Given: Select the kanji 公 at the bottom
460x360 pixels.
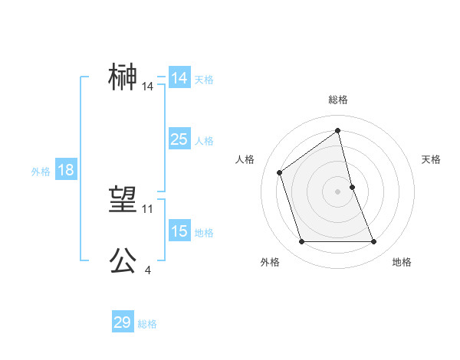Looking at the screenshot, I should [x=123, y=260].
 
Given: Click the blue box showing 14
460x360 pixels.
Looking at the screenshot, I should [x=179, y=78].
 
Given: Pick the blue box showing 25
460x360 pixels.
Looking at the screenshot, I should [x=179, y=139].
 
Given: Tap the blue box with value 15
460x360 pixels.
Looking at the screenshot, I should [x=179, y=231].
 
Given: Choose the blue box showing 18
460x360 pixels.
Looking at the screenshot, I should [x=66, y=170].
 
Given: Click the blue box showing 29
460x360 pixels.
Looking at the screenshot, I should [x=123, y=322].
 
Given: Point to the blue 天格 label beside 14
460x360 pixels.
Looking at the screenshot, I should [x=204, y=79].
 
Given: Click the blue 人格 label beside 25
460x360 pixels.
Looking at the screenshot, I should [x=204, y=141].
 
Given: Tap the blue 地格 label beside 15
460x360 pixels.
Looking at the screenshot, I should [x=204, y=233].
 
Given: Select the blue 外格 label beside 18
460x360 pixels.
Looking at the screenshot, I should [x=41, y=172].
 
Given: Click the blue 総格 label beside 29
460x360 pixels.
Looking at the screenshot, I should [x=147, y=324].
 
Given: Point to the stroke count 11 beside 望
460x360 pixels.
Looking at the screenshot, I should [x=148, y=208].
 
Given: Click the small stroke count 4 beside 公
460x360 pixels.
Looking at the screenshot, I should [x=147, y=270].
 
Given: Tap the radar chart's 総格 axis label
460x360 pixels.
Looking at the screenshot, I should [x=338, y=100].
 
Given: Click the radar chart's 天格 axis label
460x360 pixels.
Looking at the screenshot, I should [x=431, y=159].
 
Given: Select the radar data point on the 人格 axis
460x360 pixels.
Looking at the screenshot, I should [x=280, y=172].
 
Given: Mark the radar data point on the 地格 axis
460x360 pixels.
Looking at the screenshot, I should [x=374, y=242].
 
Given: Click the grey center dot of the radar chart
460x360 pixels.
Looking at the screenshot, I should [x=338, y=191].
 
